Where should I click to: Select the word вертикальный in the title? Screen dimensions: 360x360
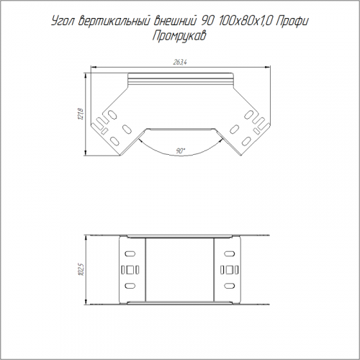(x=114, y=22)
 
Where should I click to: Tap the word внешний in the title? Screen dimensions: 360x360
(x=174, y=22)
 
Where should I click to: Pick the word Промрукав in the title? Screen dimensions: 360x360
(x=179, y=36)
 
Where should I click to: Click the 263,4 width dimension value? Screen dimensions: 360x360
(x=180, y=63)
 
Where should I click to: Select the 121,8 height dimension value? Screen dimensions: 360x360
(x=81, y=114)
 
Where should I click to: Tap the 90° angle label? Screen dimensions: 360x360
(x=181, y=151)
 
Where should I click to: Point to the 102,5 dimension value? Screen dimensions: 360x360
(x=81, y=270)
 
